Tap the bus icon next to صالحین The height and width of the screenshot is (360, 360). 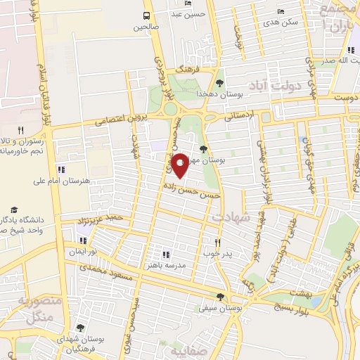pos(146,15)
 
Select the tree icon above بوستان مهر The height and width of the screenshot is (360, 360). pos(203,149)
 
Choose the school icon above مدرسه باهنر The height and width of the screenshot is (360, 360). pos(167,255)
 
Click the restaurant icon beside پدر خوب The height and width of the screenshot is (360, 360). pos(217,243)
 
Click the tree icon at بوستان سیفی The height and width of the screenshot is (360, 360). pos(221,297)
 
